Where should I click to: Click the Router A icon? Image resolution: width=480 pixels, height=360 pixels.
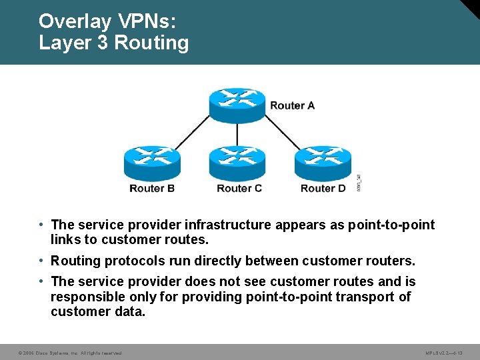[237, 105]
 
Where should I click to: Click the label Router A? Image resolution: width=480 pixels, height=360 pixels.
[292, 105]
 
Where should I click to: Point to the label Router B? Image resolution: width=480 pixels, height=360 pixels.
[152, 189]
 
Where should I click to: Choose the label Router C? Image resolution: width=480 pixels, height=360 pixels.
[239, 189]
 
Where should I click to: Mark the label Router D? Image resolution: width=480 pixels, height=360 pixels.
[323, 189]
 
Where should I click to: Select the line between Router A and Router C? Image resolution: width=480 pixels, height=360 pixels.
[237, 135]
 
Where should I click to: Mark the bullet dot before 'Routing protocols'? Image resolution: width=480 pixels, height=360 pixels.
[41, 260]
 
